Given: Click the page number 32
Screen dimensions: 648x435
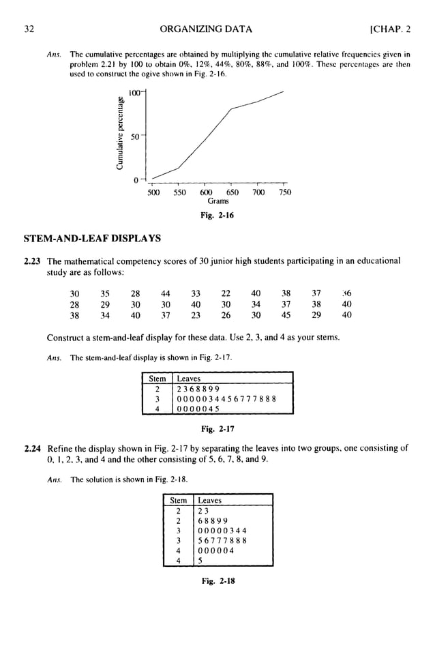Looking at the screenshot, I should (x=28, y=29).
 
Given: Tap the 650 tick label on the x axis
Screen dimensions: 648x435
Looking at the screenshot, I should (x=232, y=192).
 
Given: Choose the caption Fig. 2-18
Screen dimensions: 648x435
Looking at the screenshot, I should (x=217, y=583).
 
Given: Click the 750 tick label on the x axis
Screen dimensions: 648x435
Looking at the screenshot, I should (x=284, y=192).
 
